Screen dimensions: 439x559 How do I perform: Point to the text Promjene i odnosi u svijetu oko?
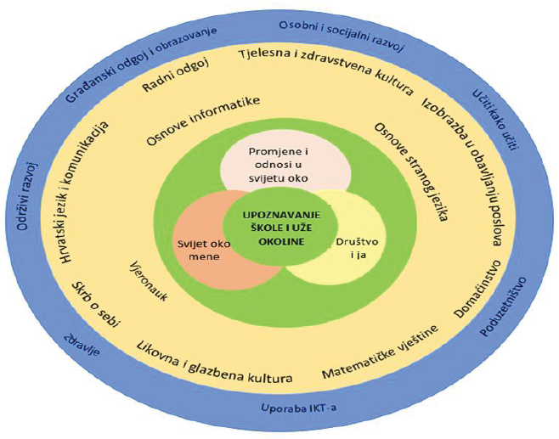coord(278,165)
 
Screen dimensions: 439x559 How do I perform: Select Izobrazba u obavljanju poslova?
coord(464,171)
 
